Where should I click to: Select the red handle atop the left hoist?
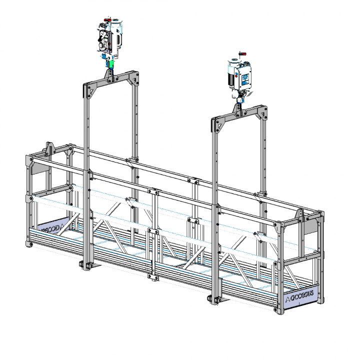(106, 20)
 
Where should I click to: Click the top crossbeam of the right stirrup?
(238, 114)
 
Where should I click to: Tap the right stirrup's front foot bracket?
(215, 298)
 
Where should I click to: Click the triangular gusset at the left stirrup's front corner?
(91, 91)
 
